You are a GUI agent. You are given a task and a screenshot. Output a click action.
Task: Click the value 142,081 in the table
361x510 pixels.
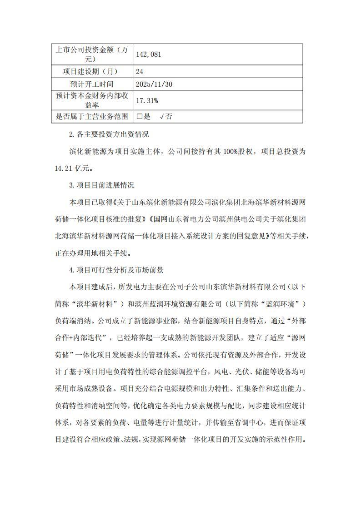point(149,54)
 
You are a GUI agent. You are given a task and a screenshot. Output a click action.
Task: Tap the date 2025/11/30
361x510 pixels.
point(154,84)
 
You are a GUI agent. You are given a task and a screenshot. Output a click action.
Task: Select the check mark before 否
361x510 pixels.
point(161,116)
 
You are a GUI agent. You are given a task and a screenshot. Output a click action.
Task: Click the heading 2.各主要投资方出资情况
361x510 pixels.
point(109,135)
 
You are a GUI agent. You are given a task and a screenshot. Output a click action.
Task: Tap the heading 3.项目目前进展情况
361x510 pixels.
point(101,185)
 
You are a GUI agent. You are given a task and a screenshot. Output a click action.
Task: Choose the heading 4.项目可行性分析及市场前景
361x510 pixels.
point(116,270)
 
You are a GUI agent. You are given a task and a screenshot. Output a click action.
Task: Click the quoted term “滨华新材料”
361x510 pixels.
point(101,303)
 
